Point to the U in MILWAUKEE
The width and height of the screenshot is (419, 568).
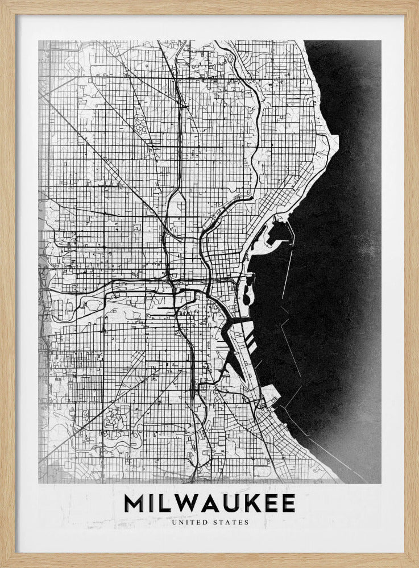[234, 504]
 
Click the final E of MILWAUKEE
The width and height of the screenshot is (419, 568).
[288, 504]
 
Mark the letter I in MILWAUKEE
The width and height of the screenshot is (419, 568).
[151, 504]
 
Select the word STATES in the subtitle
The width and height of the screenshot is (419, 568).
[232, 523]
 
